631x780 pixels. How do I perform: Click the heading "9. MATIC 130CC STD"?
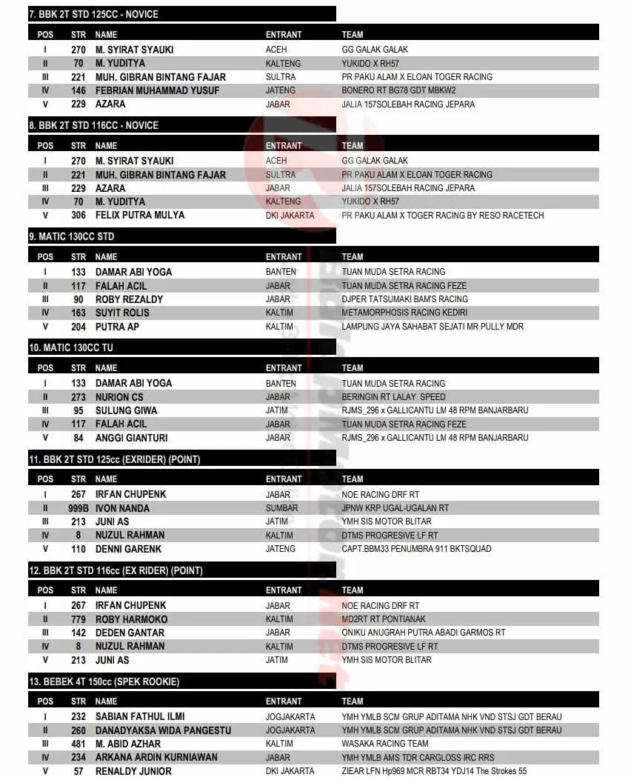(x=72, y=236)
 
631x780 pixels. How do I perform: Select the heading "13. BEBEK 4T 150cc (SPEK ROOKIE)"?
(x=104, y=681)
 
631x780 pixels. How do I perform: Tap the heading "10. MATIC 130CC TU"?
(x=71, y=347)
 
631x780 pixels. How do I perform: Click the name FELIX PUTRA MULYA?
(x=140, y=216)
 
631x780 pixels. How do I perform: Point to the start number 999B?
(x=79, y=508)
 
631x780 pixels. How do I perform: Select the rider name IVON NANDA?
(x=122, y=508)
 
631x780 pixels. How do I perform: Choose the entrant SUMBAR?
(x=282, y=508)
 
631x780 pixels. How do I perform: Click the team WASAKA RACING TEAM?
(x=385, y=744)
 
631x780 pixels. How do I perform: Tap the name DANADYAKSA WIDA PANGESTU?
(x=163, y=730)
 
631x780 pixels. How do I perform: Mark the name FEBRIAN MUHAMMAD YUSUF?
(x=158, y=90)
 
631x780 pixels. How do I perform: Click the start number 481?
(x=79, y=744)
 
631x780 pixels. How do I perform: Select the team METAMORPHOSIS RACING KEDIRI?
(x=404, y=313)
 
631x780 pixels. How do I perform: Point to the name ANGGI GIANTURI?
(x=131, y=438)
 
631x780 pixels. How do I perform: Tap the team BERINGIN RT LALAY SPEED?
(x=394, y=397)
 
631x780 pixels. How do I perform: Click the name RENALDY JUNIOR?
(x=133, y=771)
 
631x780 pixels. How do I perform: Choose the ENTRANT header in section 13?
(x=284, y=701)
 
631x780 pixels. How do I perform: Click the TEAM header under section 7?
(x=353, y=35)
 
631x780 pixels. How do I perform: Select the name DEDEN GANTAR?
(x=130, y=633)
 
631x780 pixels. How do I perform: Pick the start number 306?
(x=79, y=216)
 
